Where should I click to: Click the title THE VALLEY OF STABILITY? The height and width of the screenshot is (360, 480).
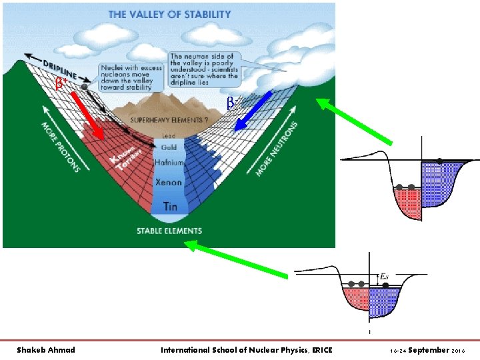click(x=169, y=14)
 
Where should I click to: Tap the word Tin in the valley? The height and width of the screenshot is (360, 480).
click(x=170, y=207)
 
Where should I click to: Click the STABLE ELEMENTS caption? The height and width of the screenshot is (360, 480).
click(x=169, y=231)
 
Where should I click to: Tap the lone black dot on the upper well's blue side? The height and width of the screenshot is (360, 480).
click(x=440, y=161)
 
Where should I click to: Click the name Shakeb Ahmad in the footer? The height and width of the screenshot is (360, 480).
click(x=45, y=350)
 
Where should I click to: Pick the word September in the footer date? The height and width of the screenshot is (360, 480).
click(x=429, y=350)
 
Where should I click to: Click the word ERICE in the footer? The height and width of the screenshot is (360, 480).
click(x=321, y=350)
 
